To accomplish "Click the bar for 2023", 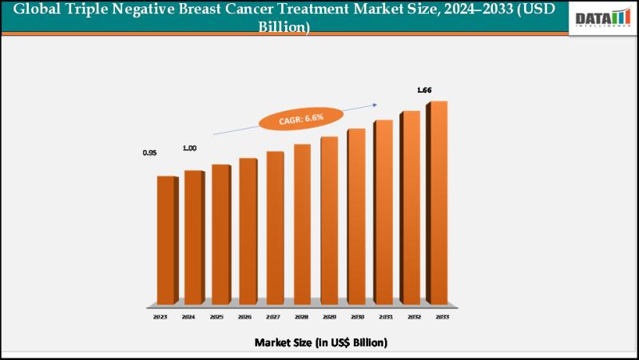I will coord(165,239).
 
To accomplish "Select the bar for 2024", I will coord(192,237).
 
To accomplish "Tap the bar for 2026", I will coord(247,231).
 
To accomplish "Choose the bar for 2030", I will coord(355,216).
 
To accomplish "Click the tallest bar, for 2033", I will coord(437,203).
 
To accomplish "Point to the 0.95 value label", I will coord(149,152).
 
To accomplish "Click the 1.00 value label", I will coord(189,148).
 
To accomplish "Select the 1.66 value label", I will coord(423,90).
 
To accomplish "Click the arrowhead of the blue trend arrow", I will coord(375,102).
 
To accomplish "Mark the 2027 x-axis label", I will coord(272,316).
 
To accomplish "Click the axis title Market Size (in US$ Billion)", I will coord(320,342).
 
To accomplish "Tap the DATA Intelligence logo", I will coord(603,18).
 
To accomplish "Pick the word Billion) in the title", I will coord(284,26).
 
